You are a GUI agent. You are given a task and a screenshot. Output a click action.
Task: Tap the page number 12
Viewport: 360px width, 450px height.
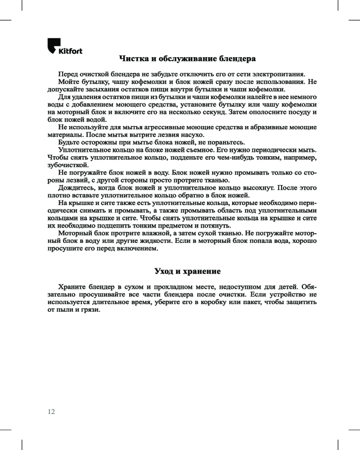tap(51, 411)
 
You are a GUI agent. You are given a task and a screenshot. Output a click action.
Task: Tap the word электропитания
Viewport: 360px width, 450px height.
tap(279, 74)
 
